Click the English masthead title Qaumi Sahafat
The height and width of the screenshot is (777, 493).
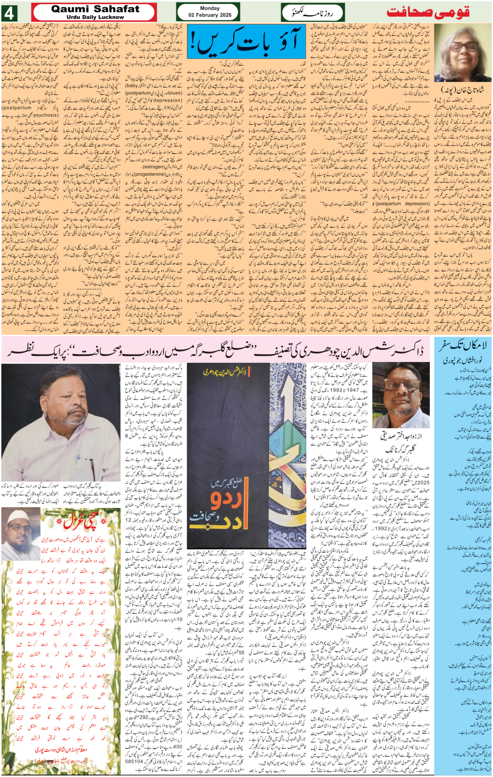[x=95, y=9]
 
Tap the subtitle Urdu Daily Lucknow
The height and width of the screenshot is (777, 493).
[x=95, y=17]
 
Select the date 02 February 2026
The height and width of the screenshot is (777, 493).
[x=210, y=15]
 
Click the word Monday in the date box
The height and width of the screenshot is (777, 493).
[x=210, y=8]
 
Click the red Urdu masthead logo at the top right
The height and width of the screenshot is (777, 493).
[x=428, y=13]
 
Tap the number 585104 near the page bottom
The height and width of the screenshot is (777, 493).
[x=134, y=761]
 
